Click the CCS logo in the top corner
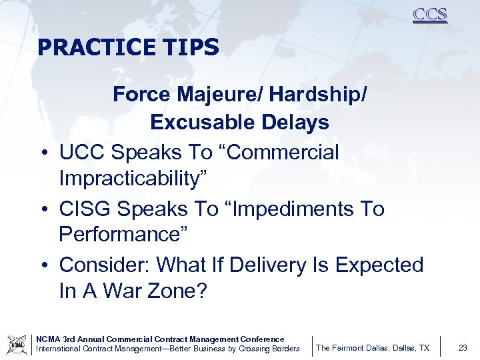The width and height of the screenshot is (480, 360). [x=429, y=15]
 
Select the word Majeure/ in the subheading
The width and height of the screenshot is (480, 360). [x=206, y=95]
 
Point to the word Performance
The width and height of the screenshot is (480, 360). [x=123, y=235]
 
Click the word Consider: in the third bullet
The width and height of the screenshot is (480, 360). [x=105, y=265]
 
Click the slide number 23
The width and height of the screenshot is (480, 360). [x=463, y=347]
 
